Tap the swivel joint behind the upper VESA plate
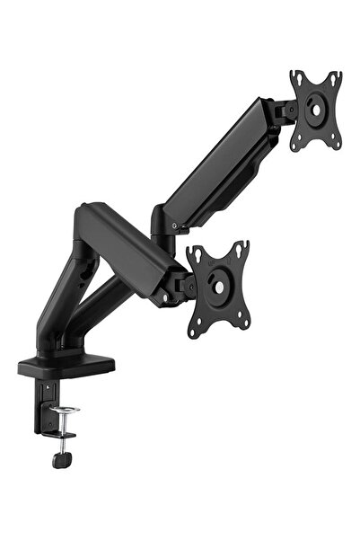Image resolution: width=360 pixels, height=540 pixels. (x=285, y=110)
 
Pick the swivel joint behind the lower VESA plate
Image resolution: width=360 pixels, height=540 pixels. (x=182, y=286)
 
